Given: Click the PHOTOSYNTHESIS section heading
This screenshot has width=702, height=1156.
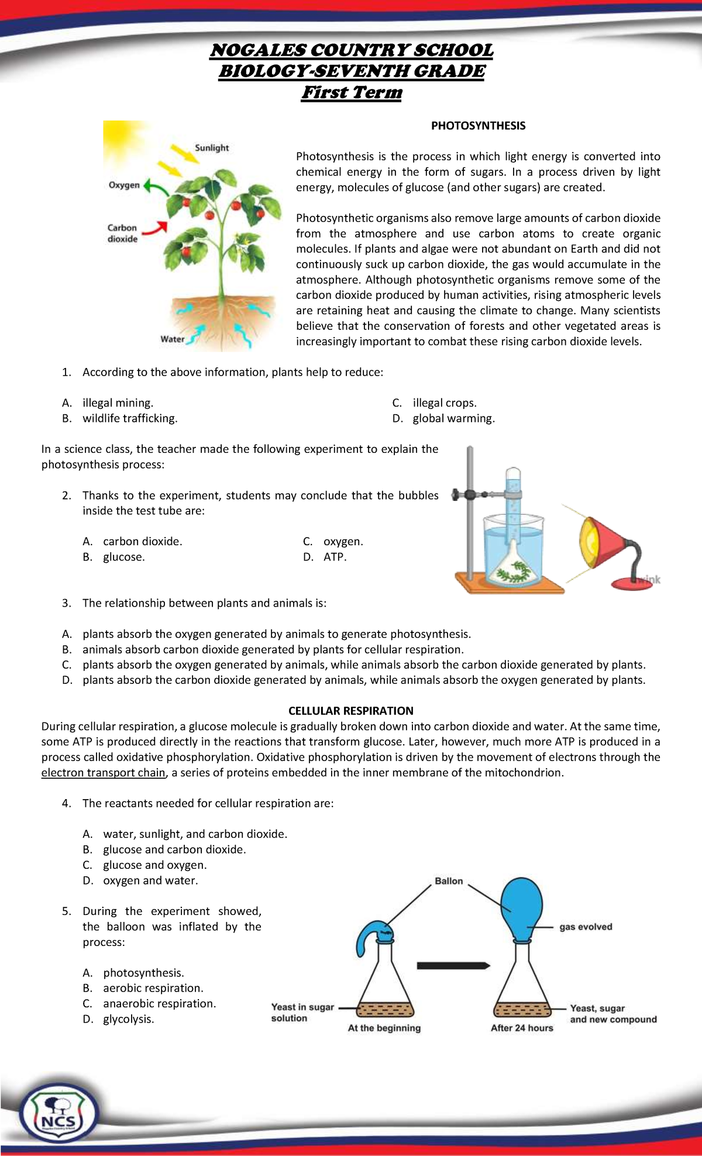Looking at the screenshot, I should coord(478,126).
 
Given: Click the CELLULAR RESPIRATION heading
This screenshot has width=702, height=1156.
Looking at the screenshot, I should coord(350,711).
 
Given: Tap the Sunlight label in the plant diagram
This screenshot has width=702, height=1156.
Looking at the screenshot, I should coord(212,148).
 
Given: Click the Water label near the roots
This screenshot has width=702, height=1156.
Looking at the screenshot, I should coord(172,339).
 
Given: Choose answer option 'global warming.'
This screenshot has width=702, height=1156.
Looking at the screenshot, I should coord(453,418).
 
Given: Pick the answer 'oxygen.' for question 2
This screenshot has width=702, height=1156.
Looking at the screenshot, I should coord(343,542).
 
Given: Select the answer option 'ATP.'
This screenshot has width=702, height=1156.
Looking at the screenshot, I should coord(335,557).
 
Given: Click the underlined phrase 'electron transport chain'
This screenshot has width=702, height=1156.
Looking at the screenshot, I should coord(104,773).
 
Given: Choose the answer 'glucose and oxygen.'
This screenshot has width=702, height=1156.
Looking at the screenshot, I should coord(154,865).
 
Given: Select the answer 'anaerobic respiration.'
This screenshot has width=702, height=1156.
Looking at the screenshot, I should coord(159,1004).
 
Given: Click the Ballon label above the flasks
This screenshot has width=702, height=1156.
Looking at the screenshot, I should coord(449,881).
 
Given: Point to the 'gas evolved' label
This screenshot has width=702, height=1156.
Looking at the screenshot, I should coord(586,927).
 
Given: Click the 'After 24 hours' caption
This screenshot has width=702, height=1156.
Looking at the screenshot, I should coord(522,1028).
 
